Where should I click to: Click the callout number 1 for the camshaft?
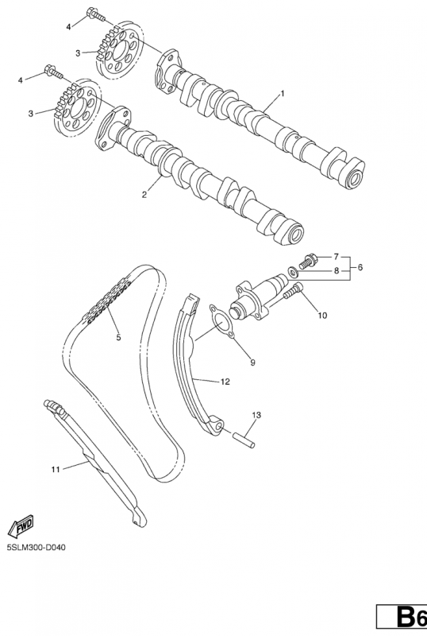coord(283,94)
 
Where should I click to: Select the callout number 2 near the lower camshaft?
coord(144,195)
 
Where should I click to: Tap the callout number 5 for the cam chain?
coord(118,337)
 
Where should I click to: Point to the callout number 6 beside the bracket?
coord(360,267)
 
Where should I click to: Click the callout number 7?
coord(336,256)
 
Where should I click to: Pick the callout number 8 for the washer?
coord(336,271)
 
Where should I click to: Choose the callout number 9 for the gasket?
coord(252,363)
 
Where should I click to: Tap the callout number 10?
coord(322,315)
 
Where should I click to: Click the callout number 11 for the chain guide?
coord(56,469)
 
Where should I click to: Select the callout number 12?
coord(225,382)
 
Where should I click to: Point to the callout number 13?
coord(256,415)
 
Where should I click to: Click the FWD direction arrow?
coord(21,525)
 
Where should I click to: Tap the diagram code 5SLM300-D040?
coord(36,548)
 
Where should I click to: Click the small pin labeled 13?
coord(244,440)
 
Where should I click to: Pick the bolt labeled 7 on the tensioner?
coord(307,260)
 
